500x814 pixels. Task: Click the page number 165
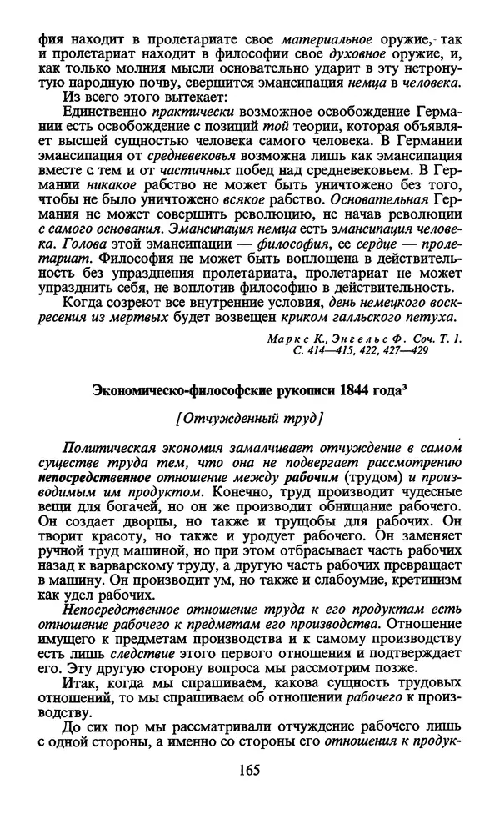[249, 771]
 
